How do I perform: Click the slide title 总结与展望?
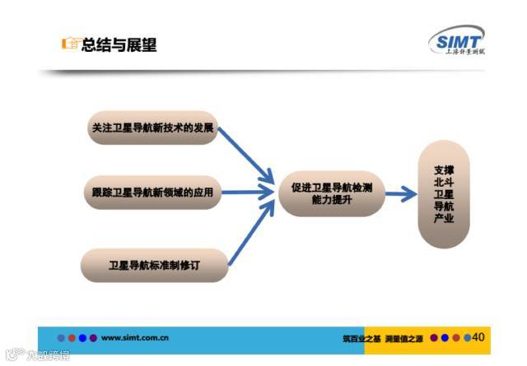pyautogui.click(x=119, y=45)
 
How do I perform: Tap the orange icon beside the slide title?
pyautogui.click(x=71, y=44)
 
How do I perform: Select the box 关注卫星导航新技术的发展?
pyautogui.click(x=152, y=128)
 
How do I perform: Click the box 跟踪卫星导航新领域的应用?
pyautogui.click(x=153, y=193)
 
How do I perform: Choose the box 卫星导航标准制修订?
pyautogui.click(x=154, y=265)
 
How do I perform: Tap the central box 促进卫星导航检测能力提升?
pyautogui.click(x=332, y=194)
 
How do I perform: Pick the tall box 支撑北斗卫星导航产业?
pyautogui.click(x=444, y=194)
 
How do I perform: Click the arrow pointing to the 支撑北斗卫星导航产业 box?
pyautogui.click(x=401, y=194)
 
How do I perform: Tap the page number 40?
pyautogui.click(x=478, y=337)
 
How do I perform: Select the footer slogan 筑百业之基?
pyautogui.click(x=362, y=338)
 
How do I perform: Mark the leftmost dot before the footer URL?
pyautogui.click(x=61, y=337)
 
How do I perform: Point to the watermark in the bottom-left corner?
pyautogui.click(x=37, y=355)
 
